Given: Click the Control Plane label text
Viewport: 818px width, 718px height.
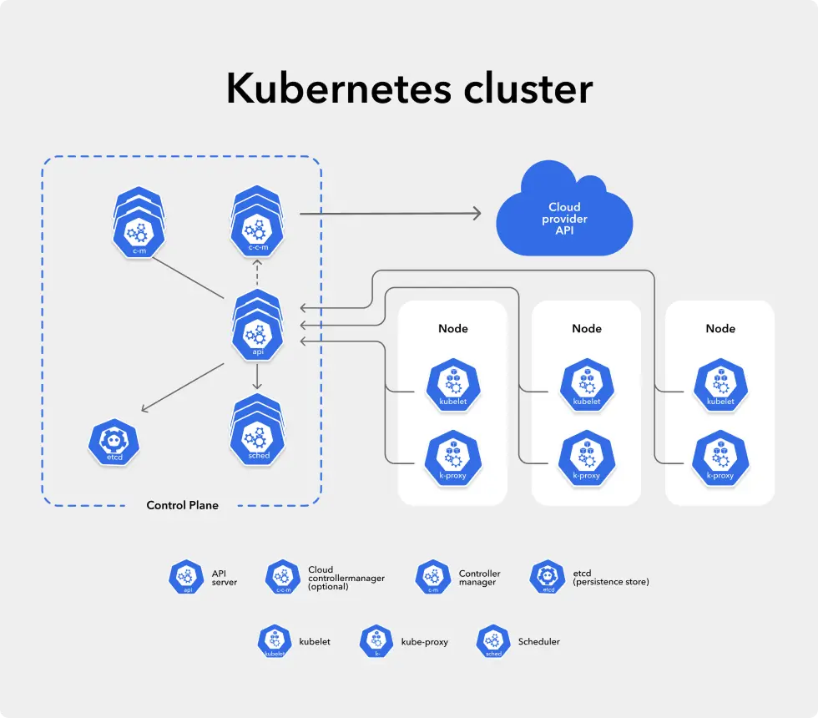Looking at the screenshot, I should coord(182,505).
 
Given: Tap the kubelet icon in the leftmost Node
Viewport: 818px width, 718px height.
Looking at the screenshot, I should coord(452,385).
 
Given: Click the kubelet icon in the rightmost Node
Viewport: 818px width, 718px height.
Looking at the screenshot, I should coord(720,385).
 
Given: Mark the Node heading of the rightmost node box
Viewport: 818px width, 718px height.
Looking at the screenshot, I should coord(720,328).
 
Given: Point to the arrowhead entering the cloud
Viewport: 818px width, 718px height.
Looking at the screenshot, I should coord(477,214).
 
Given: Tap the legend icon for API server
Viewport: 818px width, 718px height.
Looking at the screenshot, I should coord(186,577).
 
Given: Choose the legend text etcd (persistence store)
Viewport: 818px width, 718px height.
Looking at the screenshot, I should coord(611,577).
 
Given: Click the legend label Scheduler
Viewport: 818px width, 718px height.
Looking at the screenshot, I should coord(538,641).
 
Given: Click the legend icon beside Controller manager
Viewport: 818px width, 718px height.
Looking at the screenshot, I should coord(432,577).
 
